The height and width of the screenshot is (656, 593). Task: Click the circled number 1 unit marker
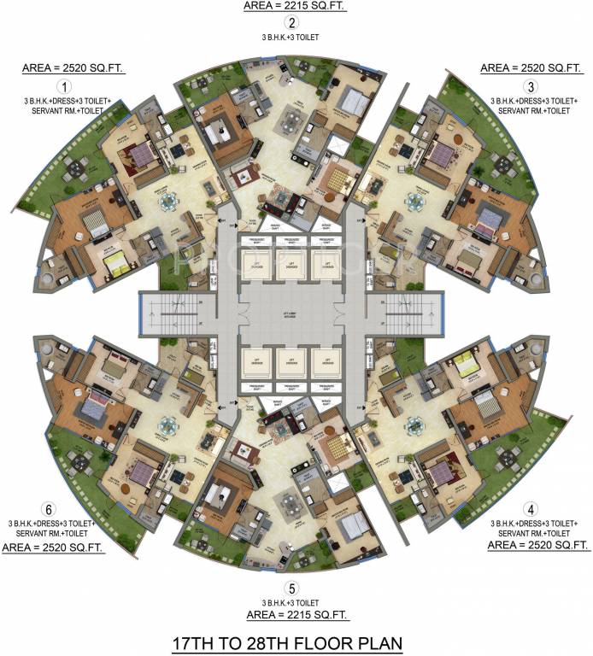click(x=62, y=87)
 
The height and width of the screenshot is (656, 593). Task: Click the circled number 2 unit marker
click(x=292, y=23)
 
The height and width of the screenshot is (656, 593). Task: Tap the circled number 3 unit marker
click(x=531, y=86)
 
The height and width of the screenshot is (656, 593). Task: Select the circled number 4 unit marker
click(x=531, y=505)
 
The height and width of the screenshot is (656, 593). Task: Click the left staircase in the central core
click(x=169, y=313)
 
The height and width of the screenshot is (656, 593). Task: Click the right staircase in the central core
click(x=415, y=313)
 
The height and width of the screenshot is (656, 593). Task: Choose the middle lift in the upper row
click(x=292, y=266)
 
